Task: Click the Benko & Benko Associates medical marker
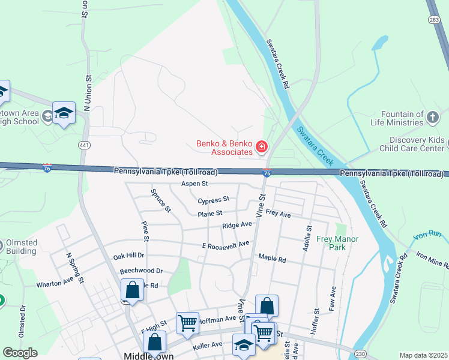pos(262,146)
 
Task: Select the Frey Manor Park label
pos(337,242)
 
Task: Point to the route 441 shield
pos(84,145)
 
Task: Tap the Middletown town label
pos(148,355)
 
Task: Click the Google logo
pos(20,353)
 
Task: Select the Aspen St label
pos(196,184)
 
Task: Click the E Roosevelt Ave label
pos(225,245)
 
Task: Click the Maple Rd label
pos(272,258)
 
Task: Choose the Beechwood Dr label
pos(141,271)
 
